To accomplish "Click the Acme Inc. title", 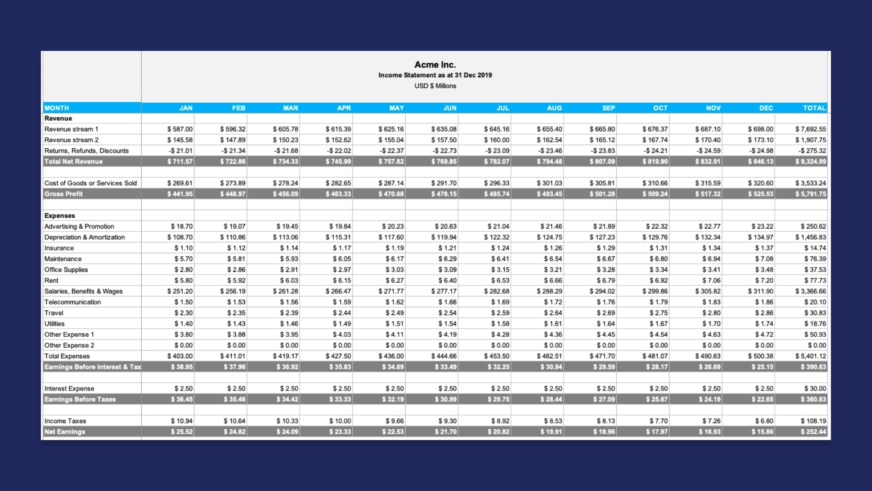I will [435, 65].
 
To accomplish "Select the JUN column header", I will [450, 108].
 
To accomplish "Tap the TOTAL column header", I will [814, 108].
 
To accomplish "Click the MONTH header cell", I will [57, 108].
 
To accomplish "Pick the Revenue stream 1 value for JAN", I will [180, 129].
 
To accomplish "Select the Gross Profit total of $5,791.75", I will [810, 194].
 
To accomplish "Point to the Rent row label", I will [52, 281].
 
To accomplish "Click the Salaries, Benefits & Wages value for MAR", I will [285, 291].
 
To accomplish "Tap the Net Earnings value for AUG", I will [551, 432].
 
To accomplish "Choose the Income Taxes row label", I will [65, 421].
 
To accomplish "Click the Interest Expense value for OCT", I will [658, 389].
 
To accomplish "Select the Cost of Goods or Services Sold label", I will [90, 183].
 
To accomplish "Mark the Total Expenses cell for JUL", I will [496, 356].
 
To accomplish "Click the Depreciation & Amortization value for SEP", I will [602, 237].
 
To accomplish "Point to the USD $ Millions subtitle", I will [435, 86].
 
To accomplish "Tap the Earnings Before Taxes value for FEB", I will [234, 400].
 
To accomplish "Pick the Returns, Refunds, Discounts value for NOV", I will [708, 151].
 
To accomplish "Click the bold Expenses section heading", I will [59, 215].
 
